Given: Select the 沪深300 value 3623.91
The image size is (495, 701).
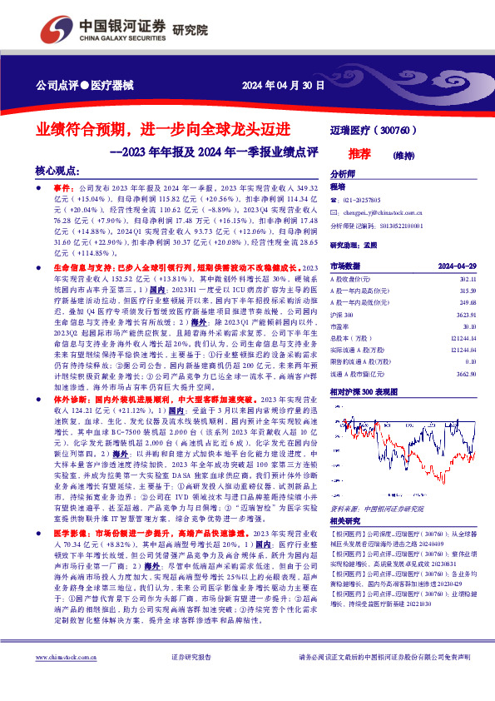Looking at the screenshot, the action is (466, 317).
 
